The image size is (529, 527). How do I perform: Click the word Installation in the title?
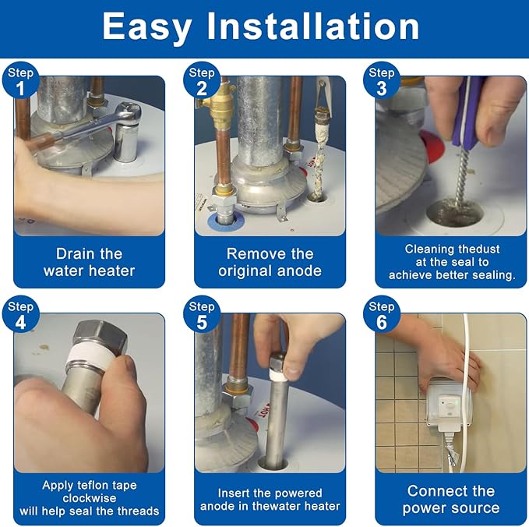coord(312,27)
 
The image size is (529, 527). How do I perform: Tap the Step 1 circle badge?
coord(20,81)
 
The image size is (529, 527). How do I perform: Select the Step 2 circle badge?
coord(202,81)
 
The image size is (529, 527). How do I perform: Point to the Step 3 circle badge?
coord(382,81)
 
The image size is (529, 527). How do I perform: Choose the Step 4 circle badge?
coord(20,315)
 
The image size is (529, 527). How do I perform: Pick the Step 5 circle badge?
coord(202,315)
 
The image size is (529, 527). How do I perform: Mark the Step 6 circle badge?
coord(382,315)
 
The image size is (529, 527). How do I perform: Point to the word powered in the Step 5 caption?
coord(300,493)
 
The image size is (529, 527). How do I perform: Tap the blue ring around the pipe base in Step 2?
coord(225,220)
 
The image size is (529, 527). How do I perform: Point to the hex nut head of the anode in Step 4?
coord(101,335)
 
